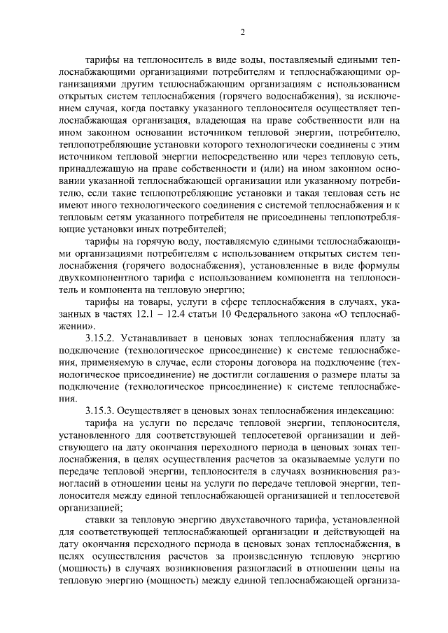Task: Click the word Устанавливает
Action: tap(157, 339)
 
